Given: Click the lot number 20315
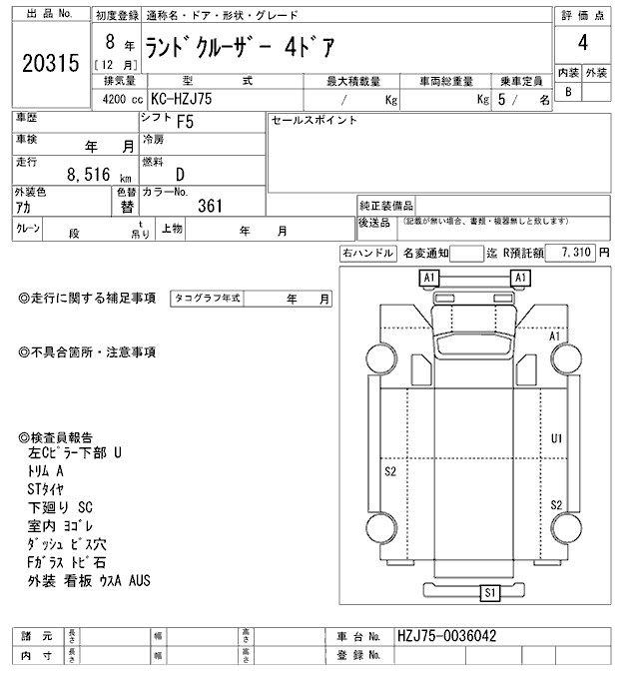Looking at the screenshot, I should [49, 64].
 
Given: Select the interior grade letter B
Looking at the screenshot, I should [568, 93].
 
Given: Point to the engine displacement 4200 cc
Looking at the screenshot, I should [117, 100].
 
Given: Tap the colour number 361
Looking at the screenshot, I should [210, 206].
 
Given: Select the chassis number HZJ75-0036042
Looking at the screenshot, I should [447, 636].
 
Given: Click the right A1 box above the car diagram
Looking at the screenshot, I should [519, 277].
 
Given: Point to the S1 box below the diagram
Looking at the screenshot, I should [489, 594].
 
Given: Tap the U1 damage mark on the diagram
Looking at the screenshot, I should [557, 438].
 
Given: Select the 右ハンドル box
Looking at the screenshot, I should [367, 254].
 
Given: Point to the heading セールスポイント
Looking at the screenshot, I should [315, 121].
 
